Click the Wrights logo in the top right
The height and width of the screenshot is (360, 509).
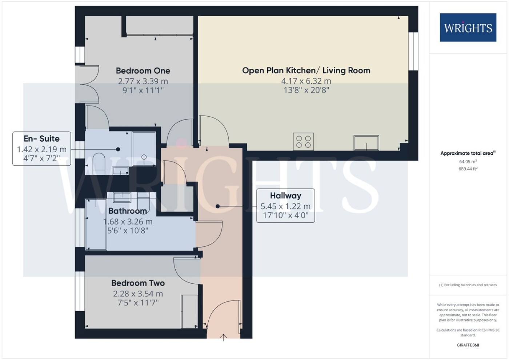pyautogui.click(x=468, y=28)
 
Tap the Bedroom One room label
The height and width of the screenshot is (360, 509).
pyautogui.click(x=143, y=70)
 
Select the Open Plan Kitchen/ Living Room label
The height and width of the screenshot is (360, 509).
pyautogui.click(x=306, y=70)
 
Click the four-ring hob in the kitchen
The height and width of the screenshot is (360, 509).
pyautogui.click(x=303, y=142)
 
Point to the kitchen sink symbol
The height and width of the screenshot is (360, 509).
pyautogui.click(x=366, y=143)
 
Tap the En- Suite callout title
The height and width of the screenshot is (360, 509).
pyautogui.click(x=41, y=139)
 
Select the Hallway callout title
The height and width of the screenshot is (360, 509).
pyautogui.click(x=286, y=195)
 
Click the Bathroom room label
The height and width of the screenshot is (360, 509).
pyautogui.click(x=128, y=211)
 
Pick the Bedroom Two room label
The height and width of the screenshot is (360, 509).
pyautogui.click(x=138, y=283)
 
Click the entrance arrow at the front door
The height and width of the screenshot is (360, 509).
pyautogui.click(x=224, y=337)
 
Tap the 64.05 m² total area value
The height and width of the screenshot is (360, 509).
pyautogui.click(x=468, y=161)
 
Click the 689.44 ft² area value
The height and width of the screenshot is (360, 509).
pyautogui.click(x=468, y=169)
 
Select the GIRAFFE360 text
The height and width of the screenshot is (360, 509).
pyautogui.click(x=468, y=345)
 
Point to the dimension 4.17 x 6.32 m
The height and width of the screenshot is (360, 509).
pyautogui.click(x=306, y=81)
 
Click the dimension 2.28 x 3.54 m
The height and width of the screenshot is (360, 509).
pyautogui.click(x=138, y=294)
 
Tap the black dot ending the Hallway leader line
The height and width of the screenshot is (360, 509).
pyautogui.click(x=218, y=206)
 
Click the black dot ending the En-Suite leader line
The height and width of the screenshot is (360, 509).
pyautogui.click(x=118, y=149)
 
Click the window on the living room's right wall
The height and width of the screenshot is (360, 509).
pyautogui.click(x=413, y=51)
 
